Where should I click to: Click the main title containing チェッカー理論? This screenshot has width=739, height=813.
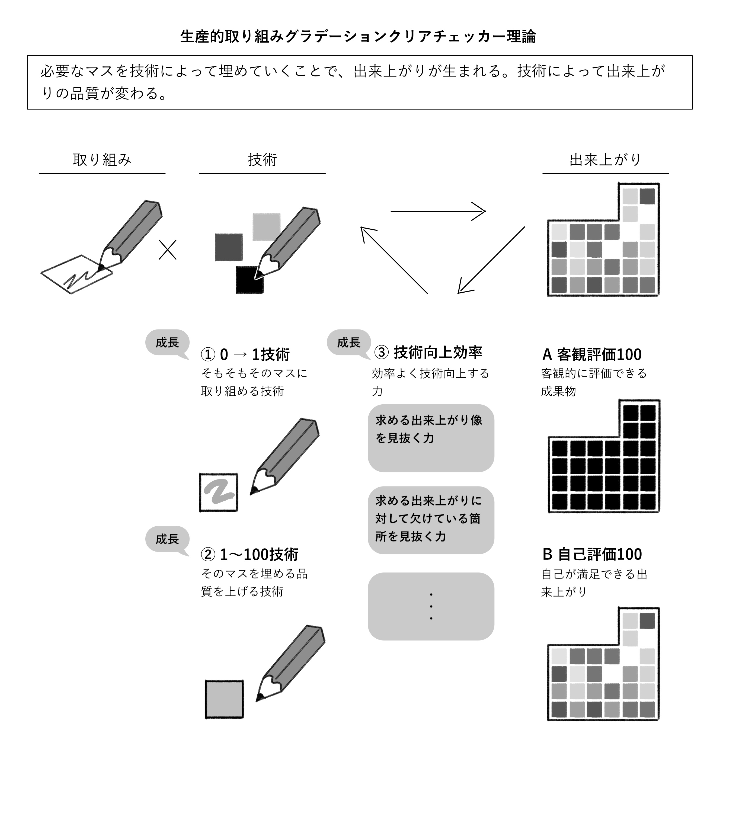(358, 37)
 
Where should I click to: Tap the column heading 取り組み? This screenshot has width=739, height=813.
(102, 160)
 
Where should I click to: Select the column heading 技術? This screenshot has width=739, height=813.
(262, 160)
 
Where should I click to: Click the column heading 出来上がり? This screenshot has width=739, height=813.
(605, 160)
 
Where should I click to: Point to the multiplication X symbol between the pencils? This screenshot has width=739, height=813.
(167, 250)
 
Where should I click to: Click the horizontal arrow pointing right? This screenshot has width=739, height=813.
(438, 211)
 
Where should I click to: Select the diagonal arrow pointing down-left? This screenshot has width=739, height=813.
(491, 260)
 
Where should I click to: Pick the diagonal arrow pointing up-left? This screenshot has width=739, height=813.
(394, 260)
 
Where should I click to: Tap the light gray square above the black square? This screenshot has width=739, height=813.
(266, 227)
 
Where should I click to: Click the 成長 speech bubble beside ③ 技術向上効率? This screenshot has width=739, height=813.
(348, 343)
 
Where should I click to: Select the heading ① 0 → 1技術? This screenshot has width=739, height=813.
(245, 354)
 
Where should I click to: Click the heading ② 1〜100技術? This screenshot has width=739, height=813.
(249, 555)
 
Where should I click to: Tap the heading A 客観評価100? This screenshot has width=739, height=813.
(591, 354)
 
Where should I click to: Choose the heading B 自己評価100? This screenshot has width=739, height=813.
(592, 555)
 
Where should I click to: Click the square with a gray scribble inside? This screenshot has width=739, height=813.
(218, 492)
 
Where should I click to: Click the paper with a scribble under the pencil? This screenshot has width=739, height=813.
(77, 274)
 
